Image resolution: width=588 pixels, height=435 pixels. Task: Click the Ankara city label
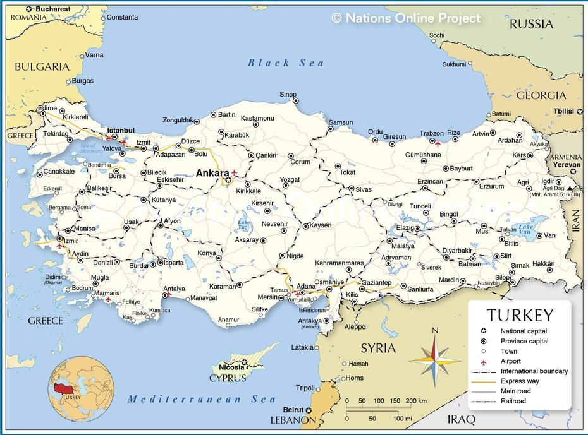(x=212, y=173)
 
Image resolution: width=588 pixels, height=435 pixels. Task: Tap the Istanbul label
(x=120, y=131)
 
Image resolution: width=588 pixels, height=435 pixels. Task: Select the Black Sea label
(x=286, y=63)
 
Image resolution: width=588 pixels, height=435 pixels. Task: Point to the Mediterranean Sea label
(x=202, y=399)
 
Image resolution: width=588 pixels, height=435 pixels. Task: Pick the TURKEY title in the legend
(x=520, y=316)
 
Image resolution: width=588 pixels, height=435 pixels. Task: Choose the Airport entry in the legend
(x=511, y=361)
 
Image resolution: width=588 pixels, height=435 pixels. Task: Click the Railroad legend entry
(x=513, y=401)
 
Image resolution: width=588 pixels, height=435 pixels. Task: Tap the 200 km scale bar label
(x=416, y=401)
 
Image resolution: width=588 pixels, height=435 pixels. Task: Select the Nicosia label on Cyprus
(x=231, y=367)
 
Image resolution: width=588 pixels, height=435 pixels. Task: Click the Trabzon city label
(x=432, y=134)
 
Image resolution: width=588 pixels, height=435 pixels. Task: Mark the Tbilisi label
(x=563, y=111)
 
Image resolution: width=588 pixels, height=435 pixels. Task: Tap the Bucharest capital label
(x=52, y=9)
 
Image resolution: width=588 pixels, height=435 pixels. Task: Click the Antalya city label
(x=174, y=289)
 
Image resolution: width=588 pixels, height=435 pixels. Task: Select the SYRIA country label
(x=378, y=348)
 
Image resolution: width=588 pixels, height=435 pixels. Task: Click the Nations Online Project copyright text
(x=406, y=18)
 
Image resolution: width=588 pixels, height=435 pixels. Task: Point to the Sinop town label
(x=288, y=95)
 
